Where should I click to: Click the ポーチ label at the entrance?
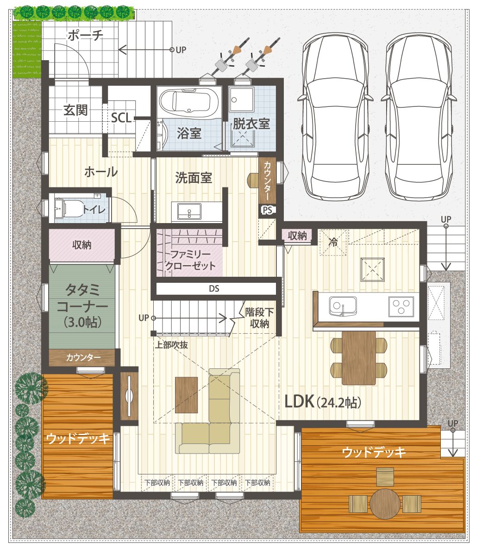click(85, 35)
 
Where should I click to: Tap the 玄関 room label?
click(75, 110)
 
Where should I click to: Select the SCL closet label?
click(121, 118)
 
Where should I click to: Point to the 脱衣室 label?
click(251, 124)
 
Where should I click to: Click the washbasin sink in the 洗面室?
click(189, 212)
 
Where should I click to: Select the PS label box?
click(268, 210)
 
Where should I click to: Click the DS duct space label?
click(214, 289)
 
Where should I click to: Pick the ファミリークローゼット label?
click(190, 260)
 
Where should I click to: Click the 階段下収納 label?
click(260, 317)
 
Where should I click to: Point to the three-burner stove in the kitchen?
click(401, 306)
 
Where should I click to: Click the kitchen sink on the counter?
click(343, 306)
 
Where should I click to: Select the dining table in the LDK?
click(359, 358)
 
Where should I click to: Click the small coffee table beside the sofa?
click(186, 395)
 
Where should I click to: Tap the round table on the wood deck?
click(385, 504)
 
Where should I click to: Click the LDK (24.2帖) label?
click(323, 402)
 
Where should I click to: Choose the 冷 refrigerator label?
click(333, 242)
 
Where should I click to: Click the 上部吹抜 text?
click(171, 345)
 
